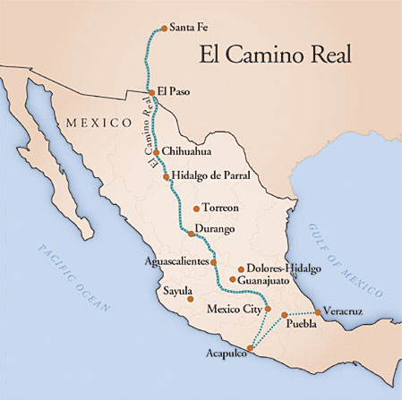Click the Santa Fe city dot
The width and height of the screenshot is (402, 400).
tap(162, 28)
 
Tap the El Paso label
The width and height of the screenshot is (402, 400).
tap(175, 91)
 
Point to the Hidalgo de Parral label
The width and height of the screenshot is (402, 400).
tap(210, 176)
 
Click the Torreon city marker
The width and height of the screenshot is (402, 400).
tap(197, 208)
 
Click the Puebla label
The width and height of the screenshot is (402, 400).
tap(301, 325)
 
